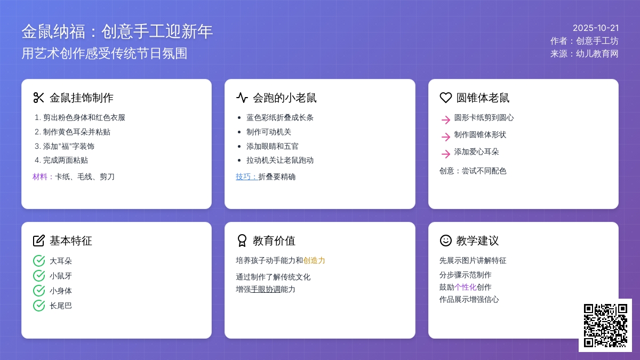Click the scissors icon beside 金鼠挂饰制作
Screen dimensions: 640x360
click(38, 98)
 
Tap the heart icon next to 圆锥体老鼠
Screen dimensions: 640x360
click(445, 98)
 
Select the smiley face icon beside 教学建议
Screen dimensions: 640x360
click(445, 241)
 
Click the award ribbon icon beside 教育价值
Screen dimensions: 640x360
click(242, 241)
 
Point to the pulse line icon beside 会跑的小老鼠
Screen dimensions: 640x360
click(242, 98)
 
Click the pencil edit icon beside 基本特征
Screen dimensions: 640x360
click(39, 241)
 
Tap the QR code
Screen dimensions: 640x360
click(605, 325)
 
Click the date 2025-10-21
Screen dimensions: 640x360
click(596, 28)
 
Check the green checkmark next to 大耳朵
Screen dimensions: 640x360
click(39, 261)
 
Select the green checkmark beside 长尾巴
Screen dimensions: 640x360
click(39, 306)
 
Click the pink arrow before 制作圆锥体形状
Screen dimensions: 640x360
click(446, 137)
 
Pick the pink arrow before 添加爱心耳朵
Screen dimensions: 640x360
click(446, 154)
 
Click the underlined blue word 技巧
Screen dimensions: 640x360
click(243, 177)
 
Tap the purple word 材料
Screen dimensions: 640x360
click(40, 177)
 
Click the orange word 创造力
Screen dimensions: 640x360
click(314, 260)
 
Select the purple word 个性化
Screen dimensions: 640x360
click(465, 287)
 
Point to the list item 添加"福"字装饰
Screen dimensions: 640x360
click(65, 146)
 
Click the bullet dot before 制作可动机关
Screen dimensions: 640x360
click(239, 132)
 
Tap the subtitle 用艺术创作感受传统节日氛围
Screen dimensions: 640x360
click(105, 53)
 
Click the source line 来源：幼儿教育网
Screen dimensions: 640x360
click(585, 54)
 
